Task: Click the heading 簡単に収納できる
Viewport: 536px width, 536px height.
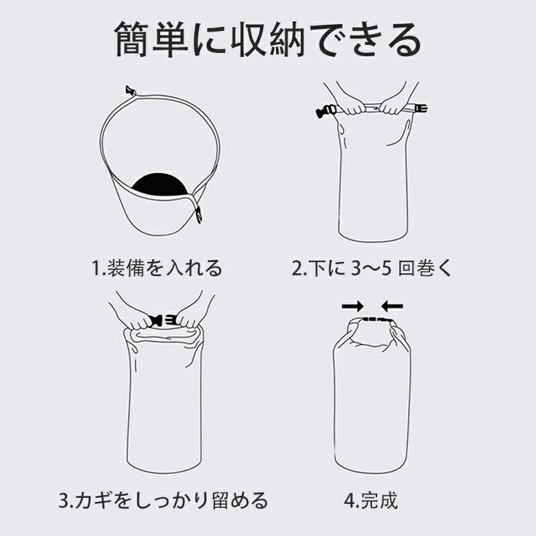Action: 267,40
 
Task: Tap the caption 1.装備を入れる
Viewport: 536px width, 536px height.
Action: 157,267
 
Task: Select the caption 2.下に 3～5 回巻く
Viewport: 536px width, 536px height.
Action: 372,267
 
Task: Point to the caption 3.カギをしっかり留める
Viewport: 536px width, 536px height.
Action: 163,500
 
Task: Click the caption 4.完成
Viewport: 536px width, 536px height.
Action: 371,500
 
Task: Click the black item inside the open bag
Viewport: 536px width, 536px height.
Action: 159,185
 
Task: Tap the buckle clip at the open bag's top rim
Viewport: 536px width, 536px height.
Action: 130,91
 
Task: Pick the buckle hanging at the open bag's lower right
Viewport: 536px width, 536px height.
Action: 198,214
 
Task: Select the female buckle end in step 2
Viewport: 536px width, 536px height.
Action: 421,109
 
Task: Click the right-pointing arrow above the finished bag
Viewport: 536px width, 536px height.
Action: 353,306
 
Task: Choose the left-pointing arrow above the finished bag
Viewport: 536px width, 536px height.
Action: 392,306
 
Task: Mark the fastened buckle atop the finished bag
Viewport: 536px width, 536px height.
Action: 375,320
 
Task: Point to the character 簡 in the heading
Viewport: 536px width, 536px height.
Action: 131,40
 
